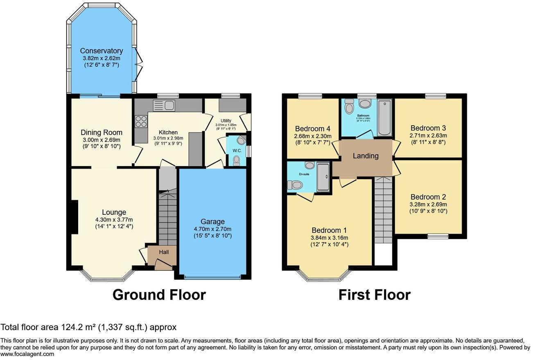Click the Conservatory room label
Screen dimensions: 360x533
pos(101,51)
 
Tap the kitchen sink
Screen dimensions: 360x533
pos(164,105)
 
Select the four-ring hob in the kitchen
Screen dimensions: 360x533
pos(141,122)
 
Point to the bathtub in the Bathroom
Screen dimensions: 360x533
pos(385,117)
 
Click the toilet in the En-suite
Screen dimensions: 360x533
pos(296,185)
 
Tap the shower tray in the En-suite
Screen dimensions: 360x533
pos(323,177)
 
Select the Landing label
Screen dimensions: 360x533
pos(366,155)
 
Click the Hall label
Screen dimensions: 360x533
pos(164,252)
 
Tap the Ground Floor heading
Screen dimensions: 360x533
pos(159,295)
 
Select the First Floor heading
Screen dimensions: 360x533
pos(374,295)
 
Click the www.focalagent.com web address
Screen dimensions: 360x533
pos(27,354)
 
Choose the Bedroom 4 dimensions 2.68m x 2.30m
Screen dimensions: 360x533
pos(312,136)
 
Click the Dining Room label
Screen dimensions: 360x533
pos(101,133)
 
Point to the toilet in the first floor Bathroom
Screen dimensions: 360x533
pos(349,107)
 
